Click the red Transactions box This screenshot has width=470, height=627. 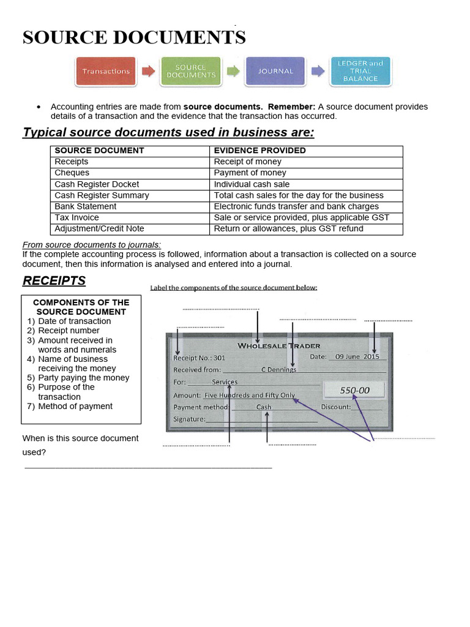pos(106,72)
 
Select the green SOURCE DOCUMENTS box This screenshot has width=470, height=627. pos(191,72)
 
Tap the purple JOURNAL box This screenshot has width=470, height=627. pos(275,72)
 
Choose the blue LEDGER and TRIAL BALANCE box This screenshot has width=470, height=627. pos(360,72)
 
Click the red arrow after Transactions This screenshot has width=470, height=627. pos(148,72)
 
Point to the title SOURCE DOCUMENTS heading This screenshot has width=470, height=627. pos(134,37)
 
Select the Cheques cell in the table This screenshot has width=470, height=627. pos(72,173)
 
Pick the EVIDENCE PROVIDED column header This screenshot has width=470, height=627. pos(259,151)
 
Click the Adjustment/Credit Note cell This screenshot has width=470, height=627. pos(99,228)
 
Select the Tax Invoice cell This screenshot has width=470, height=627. pos(76,217)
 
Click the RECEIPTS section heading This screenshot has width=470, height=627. pos(54,281)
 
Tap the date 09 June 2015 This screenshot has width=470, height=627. pos(353,356)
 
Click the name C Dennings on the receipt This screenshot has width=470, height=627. pos(278,369)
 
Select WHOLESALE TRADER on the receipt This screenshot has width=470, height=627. pos(278,345)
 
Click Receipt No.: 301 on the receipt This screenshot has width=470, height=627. pos(199,357)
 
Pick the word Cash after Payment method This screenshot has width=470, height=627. pos(264,407)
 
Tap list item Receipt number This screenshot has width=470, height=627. pos(69,331)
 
